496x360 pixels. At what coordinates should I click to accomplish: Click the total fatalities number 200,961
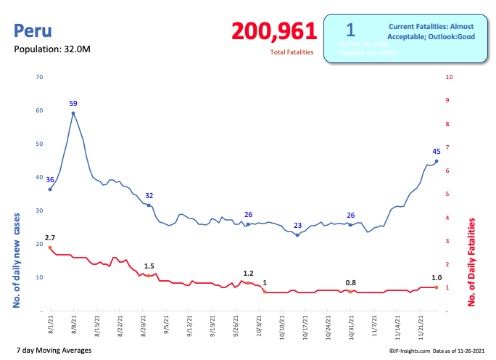pos(274,31)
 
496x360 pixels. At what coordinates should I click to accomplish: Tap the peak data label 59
pos(73,103)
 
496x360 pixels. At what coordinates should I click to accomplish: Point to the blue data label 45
pos(437,152)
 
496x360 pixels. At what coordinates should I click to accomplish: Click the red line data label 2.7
pos(50,237)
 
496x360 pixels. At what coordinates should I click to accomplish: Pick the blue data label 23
pos(297,225)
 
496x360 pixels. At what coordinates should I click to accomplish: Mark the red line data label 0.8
pos(351,282)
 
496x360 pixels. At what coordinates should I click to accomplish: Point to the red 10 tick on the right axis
pos(450,77)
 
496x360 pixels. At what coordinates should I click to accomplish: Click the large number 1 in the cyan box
pos(350,30)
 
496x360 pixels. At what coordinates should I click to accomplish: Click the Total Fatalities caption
pos(292,52)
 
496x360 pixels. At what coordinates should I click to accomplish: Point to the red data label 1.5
pos(149,266)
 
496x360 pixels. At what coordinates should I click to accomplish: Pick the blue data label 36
pos(50,179)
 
